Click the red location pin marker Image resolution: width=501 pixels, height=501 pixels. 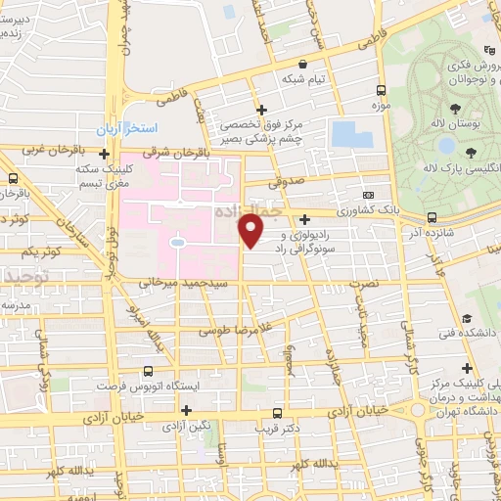pos(251,231)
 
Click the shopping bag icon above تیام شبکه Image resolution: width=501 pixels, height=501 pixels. pos(303,64)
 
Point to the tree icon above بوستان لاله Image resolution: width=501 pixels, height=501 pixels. pos(455,107)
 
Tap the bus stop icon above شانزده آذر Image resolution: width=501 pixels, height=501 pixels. pos(433,217)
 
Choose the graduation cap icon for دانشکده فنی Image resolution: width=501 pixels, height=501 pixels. pos(469,320)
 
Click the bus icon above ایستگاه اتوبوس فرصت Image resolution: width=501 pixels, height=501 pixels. pos(148,371)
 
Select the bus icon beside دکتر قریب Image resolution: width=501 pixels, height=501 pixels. pos(277,412)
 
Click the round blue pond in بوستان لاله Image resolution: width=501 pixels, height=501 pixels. pos(445,145)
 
